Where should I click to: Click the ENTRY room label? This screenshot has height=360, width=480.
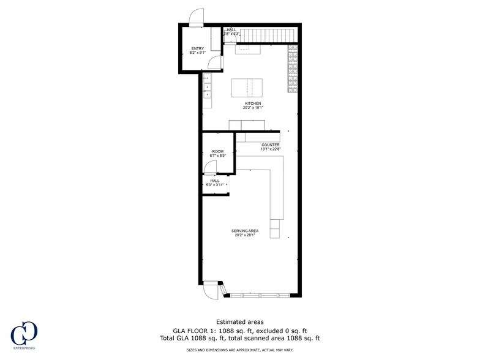coord(197,48)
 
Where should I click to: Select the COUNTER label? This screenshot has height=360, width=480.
coord(270,145)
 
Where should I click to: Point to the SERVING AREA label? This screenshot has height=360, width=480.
coord(244,231)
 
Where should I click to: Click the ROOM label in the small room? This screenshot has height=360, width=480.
coord(218,151)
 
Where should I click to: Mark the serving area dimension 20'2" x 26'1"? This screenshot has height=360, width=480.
coord(244,235)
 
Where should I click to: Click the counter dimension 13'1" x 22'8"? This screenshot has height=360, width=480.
coord(270,149)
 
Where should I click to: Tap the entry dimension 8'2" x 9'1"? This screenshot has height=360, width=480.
coord(197,53)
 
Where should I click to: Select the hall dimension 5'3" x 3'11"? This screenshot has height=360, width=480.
coord(215,185)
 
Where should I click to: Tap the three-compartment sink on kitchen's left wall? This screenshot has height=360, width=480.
coord(207,86)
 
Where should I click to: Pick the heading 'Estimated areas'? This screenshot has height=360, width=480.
coord(239,321)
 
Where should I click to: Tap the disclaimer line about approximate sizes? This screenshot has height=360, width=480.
coord(239,350)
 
